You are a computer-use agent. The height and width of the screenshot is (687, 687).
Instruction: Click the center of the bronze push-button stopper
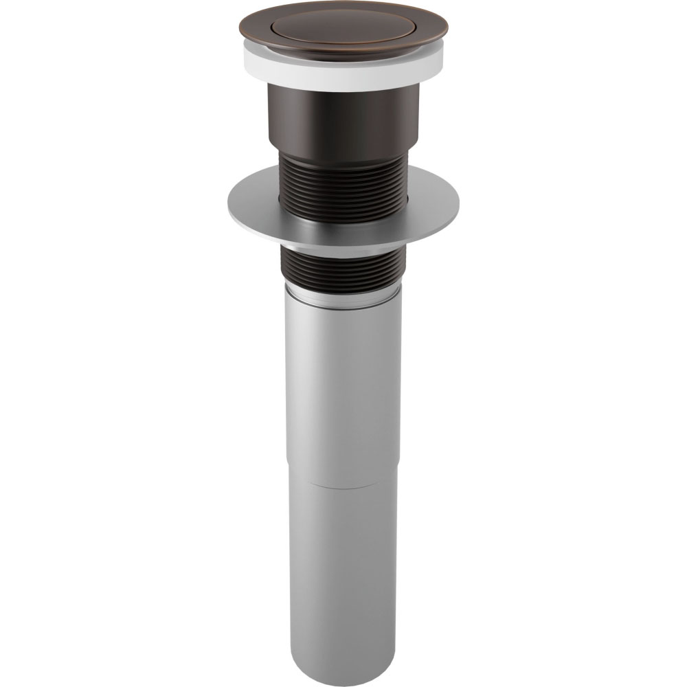tap(343, 25)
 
